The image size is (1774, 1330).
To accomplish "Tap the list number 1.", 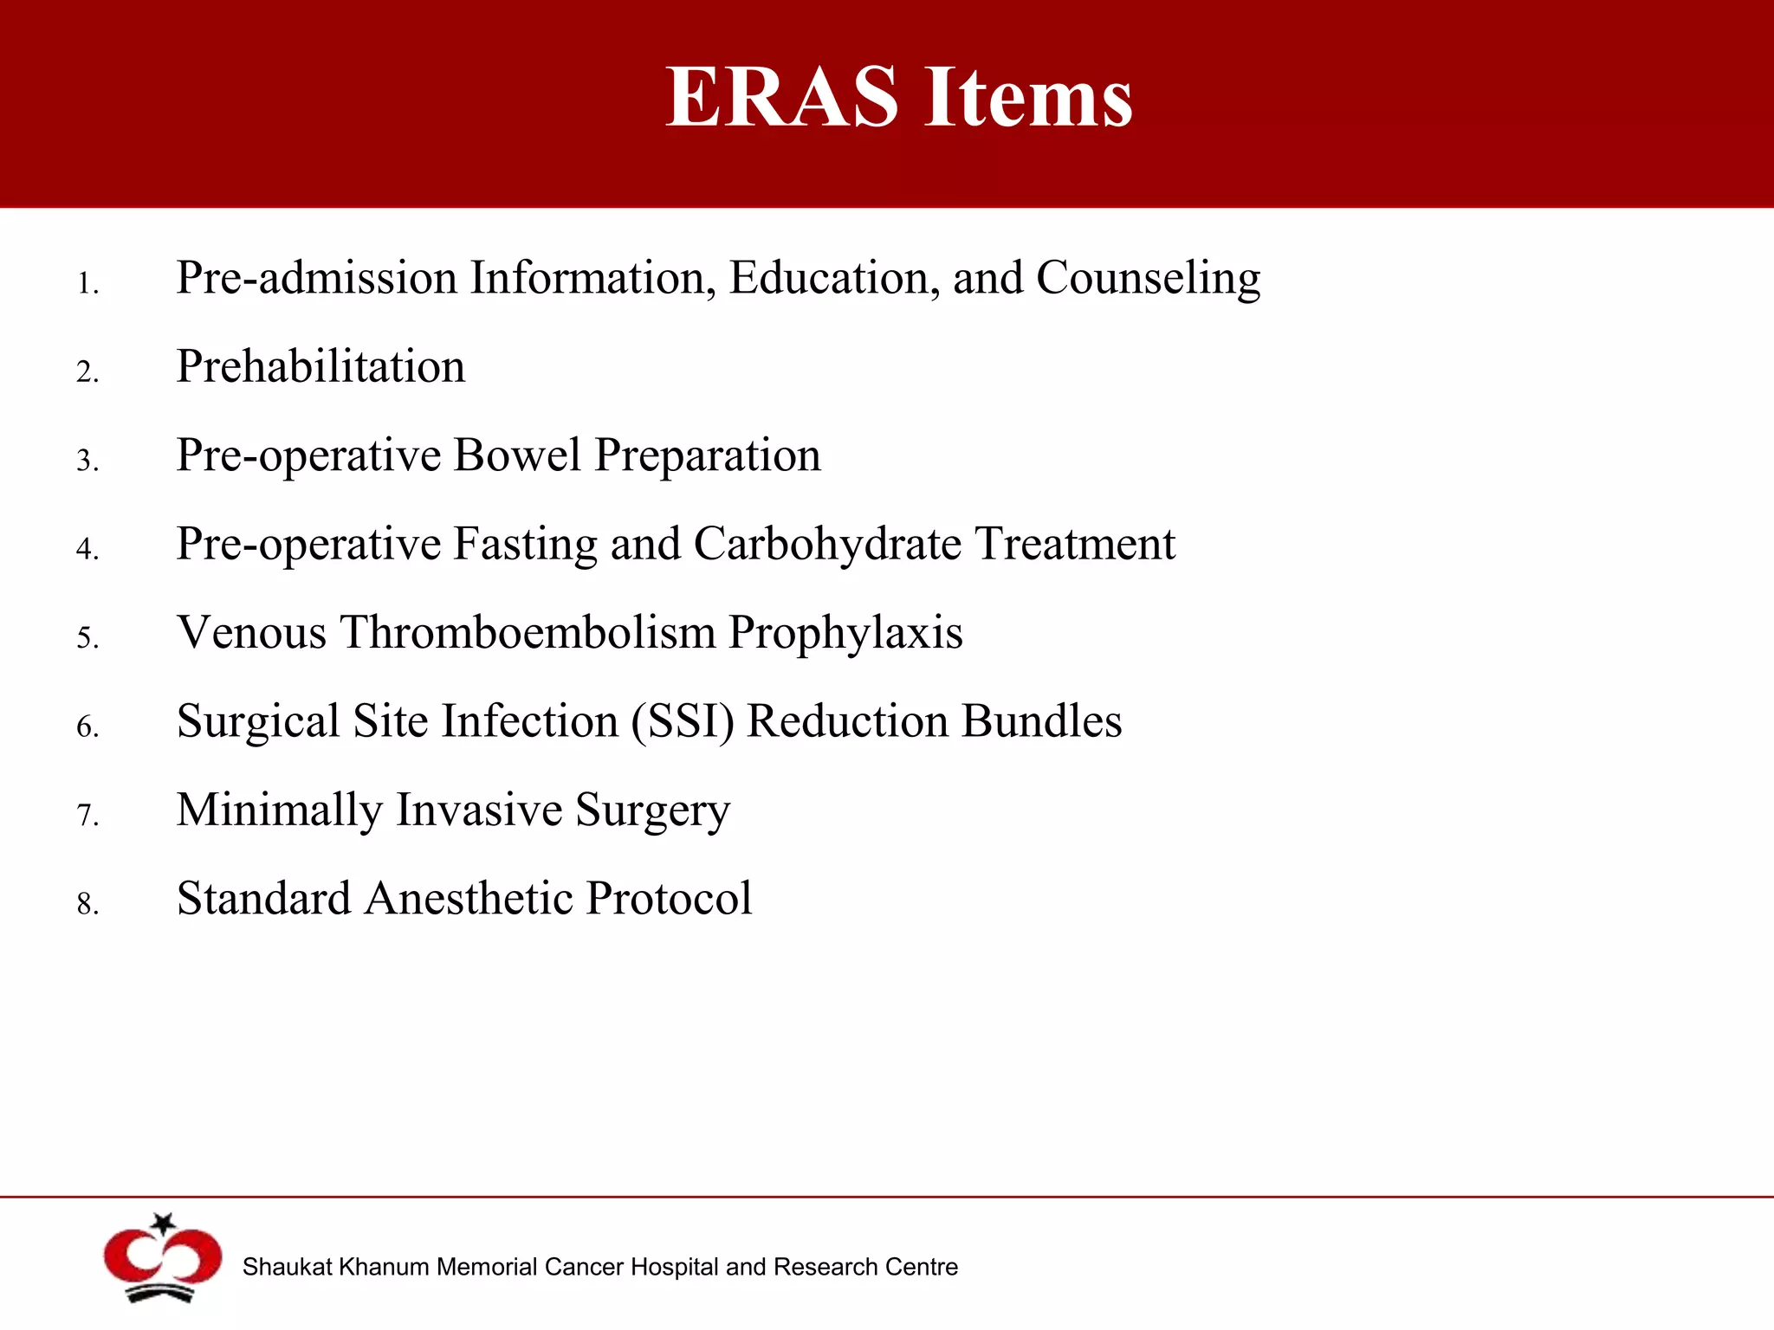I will point(87,284).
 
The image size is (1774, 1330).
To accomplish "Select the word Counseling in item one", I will point(1148,279).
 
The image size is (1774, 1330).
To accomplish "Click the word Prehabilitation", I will point(320,366).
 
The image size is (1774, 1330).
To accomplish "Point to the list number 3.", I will point(87,461).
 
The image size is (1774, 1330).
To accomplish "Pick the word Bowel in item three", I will point(516,455).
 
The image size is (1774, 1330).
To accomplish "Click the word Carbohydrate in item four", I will point(827,544).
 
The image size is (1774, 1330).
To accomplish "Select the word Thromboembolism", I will point(528,632).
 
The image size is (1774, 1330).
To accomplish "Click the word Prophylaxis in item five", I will point(845,634).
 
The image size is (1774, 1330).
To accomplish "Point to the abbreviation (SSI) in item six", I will point(682,722).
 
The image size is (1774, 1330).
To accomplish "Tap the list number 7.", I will point(87,816).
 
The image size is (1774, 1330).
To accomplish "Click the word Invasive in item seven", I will point(479,810).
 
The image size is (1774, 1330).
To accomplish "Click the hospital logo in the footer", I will point(162,1259).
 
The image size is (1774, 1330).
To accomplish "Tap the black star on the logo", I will point(163,1223).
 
